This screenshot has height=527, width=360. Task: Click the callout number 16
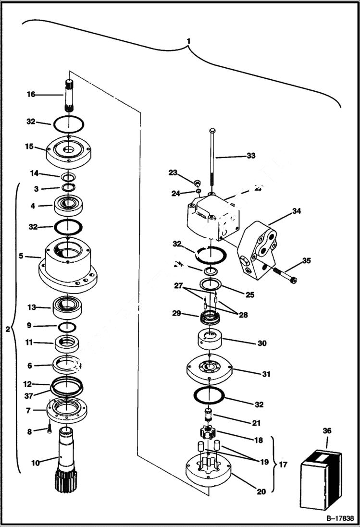(31, 95)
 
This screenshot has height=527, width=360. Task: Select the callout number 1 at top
(189, 41)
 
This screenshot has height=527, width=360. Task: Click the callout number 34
(297, 211)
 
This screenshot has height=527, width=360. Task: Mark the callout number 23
(173, 172)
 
